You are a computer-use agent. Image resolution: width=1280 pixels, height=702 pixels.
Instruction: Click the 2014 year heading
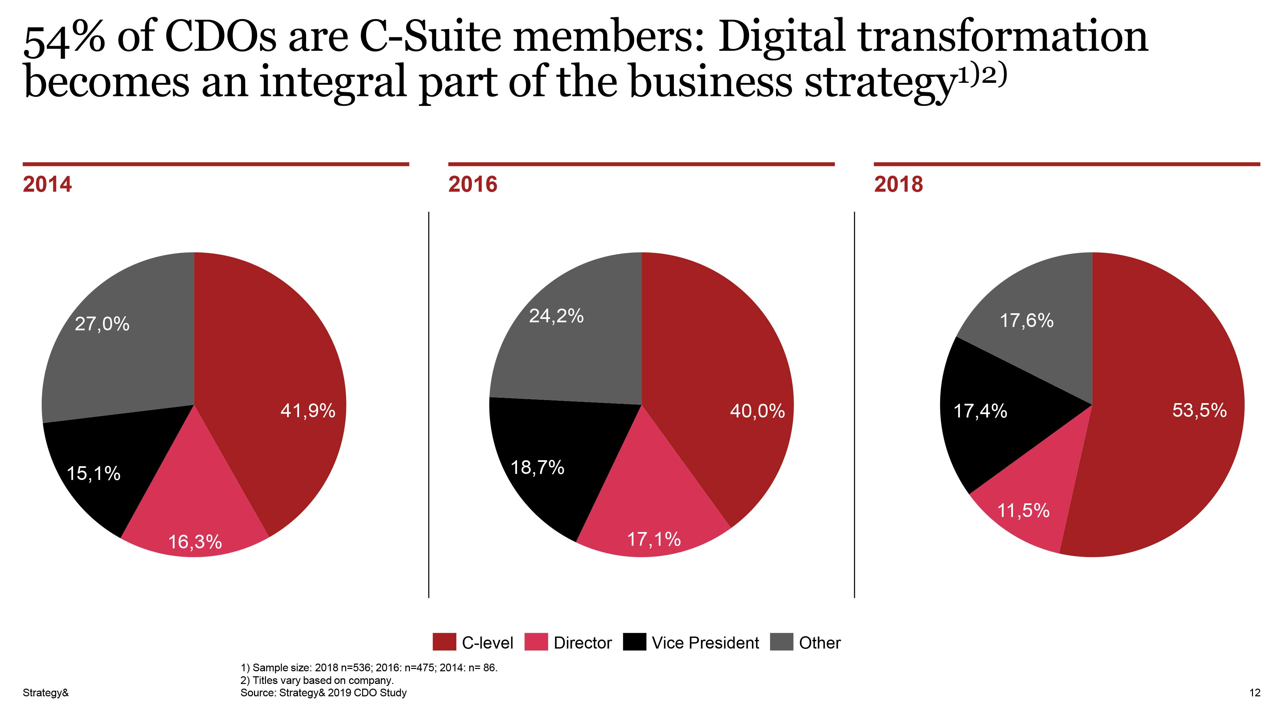click(x=47, y=184)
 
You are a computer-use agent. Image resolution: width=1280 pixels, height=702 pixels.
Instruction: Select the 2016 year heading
click(x=473, y=184)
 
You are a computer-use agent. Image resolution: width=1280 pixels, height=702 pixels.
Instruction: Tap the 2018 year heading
click(x=899, y=184)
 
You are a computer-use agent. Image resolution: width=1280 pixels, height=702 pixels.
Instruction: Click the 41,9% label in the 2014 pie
click(x=308, y=411)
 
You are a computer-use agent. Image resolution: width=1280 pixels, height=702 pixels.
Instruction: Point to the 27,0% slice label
click(x=102, y=324)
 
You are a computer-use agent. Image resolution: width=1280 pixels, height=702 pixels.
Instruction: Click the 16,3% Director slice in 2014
click(x=195, y=541)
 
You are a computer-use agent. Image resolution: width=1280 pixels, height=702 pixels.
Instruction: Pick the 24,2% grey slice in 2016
click(x=556, y=316)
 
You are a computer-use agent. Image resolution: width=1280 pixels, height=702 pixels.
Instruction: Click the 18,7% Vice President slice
click(x=538, y=467)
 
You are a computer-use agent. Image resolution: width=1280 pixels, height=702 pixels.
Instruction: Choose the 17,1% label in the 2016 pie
click(x=654, y=539)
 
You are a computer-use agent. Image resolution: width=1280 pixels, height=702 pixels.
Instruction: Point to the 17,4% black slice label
click(x=980, y=411)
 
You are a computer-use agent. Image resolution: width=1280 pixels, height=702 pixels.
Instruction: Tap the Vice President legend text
click(x=705, y=643)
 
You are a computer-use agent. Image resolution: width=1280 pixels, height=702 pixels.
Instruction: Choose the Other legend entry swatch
click(x=781, y=642)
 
